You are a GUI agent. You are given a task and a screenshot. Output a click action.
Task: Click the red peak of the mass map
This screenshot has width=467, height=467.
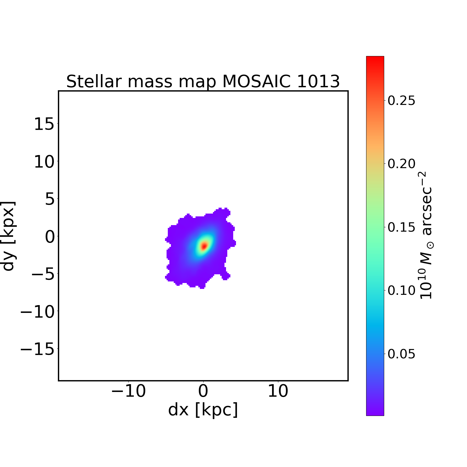204,246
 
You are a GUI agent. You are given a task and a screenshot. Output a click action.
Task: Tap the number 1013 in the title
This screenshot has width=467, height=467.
318,82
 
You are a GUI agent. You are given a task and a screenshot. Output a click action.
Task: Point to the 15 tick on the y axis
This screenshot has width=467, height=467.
44,125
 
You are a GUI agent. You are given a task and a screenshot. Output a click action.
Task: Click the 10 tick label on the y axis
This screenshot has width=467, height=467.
44,162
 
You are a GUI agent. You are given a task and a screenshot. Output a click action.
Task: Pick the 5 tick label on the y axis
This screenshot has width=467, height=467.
50,199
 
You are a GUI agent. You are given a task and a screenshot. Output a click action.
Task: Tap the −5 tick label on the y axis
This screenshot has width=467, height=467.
44,274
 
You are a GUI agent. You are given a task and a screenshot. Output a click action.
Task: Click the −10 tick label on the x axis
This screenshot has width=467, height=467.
128,391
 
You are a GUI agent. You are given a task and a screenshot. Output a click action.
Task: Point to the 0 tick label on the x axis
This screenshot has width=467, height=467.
203,391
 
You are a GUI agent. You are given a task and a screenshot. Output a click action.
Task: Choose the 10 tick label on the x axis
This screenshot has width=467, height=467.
278,391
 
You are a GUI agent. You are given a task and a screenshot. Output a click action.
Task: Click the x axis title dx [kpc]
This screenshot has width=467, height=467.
203,410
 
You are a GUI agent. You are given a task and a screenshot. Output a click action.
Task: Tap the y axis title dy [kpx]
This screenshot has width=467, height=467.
8,236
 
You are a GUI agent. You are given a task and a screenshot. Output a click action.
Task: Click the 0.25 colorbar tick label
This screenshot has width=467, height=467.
401,101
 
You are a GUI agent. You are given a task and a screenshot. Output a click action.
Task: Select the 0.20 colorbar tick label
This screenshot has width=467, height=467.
401,164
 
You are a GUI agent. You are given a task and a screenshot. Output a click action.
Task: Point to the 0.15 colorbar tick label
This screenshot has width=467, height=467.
401,227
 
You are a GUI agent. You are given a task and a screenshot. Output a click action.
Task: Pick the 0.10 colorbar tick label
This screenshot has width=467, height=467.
401,290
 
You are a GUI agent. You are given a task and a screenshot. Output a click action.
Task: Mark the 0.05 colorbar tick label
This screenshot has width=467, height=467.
401,354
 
